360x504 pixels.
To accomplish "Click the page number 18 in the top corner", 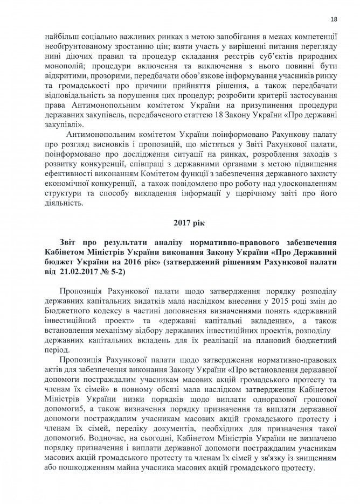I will pos(334,20).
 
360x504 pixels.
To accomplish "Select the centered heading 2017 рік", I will pos(188,222).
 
